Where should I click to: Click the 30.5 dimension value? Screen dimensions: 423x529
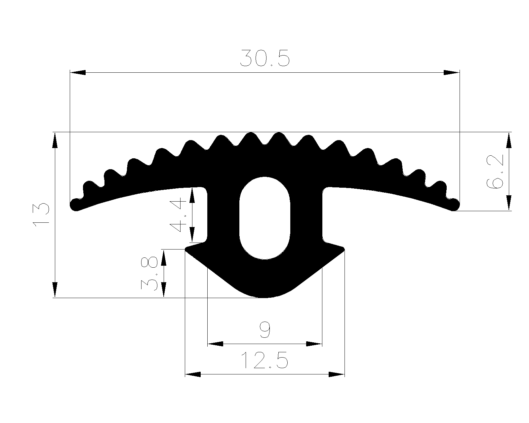coord(265,58)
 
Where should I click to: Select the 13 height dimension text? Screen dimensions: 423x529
coord(41,215)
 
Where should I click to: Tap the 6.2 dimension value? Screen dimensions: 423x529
coord(495,172)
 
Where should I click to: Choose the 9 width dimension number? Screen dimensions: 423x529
coord(265,330)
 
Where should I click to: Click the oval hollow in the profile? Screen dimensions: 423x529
coord(265,218)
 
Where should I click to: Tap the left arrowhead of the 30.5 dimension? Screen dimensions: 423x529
coord(78,72)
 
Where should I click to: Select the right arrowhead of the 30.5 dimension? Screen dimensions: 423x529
coord(452,72)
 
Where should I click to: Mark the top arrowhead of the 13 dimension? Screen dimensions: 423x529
coord(55,140)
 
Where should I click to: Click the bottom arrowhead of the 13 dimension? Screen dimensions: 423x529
coord(55,290)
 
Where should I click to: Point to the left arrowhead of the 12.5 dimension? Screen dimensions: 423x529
coord(193,374)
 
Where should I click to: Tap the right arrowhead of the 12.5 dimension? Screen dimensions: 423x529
coord(337,374)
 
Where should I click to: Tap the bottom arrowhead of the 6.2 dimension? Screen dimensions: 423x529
coord(509,203)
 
